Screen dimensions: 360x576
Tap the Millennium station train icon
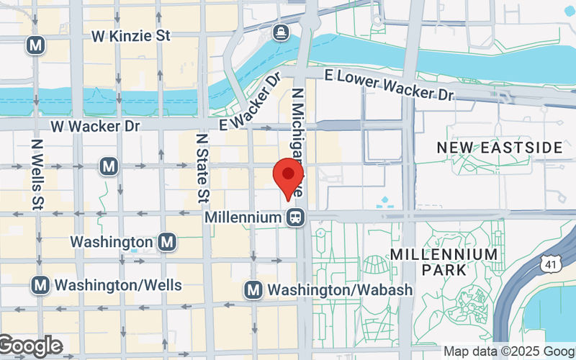click(x=294, y=217)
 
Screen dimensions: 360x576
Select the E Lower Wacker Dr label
click(x=389, y=84)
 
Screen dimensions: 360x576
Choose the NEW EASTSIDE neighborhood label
click(x=500, y=148)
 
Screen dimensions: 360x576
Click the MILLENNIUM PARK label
click(x=444, y=262)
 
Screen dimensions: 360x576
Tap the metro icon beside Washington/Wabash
click(x=253, y=289)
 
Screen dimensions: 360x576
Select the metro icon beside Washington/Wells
click(x=40, y=285)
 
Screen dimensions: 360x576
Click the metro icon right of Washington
click(x=167, y=242)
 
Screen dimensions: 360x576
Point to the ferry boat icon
click(x=280, y=32)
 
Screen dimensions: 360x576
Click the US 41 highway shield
click(x=550, y=265)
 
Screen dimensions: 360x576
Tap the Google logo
click(x=30, y=346)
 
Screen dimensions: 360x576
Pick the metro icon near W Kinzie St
click(x=35, y=45)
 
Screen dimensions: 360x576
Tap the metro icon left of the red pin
click(x=109, y=167)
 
